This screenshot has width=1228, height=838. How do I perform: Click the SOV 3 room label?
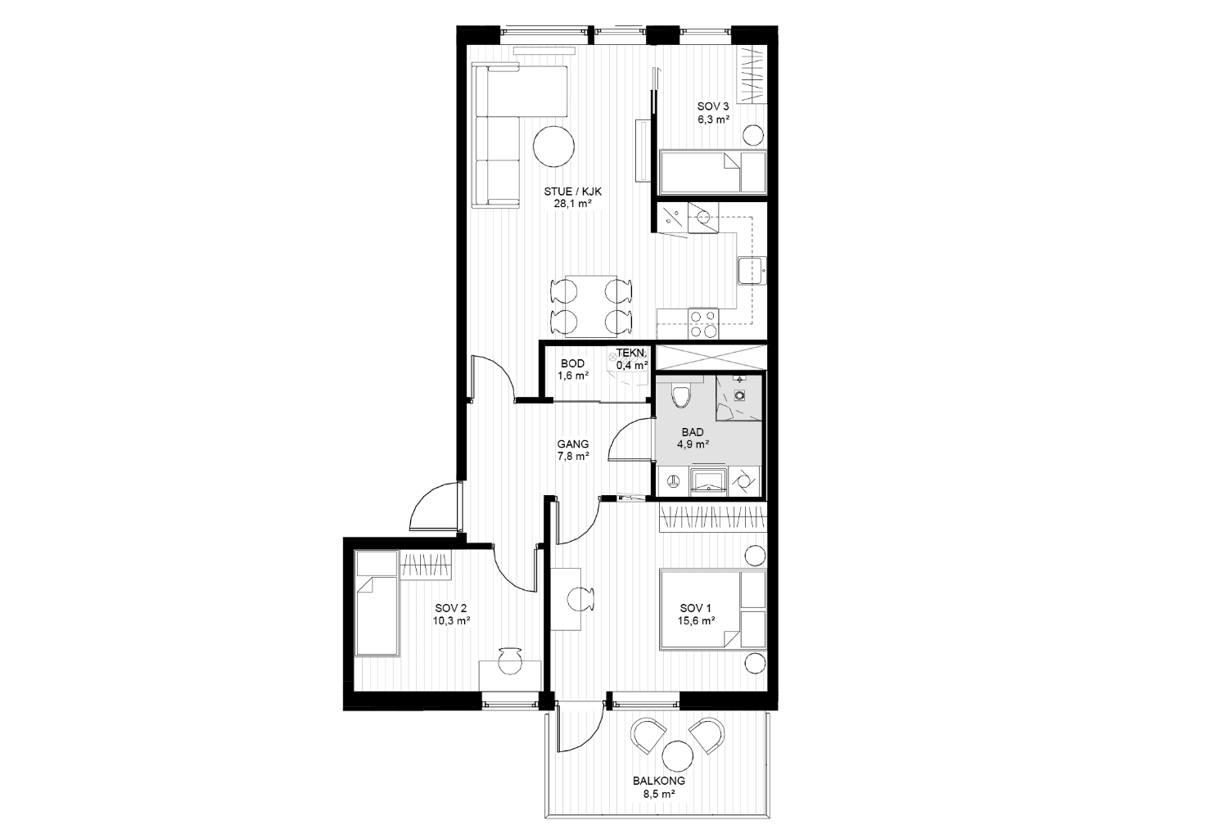713,106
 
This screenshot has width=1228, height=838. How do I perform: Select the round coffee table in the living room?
553,146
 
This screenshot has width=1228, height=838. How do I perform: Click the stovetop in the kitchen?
703,323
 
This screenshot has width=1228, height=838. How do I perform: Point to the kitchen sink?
752,271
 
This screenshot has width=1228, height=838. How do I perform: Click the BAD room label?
693,432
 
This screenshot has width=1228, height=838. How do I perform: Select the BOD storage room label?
572,363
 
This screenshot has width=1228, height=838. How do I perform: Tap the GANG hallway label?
573,444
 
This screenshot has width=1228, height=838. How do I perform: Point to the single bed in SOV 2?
377,603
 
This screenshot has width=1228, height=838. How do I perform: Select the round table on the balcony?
678,756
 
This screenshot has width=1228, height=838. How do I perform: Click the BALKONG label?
658,781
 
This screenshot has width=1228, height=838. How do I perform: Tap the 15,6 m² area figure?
696,621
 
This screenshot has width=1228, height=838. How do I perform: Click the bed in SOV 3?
713,172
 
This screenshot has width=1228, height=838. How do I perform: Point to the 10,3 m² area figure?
450,621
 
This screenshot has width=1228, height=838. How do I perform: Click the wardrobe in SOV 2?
426,565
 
